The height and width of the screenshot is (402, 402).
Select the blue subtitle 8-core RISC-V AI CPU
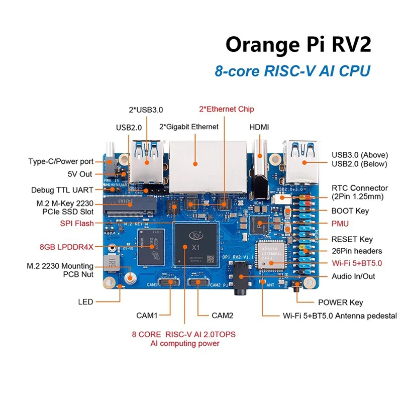point(292,70)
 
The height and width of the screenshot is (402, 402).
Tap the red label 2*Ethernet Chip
point(227,109)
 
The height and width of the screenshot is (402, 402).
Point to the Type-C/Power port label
point(61,161)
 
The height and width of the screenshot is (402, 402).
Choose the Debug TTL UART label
point(62,190)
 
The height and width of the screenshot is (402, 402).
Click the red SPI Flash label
point(77,224)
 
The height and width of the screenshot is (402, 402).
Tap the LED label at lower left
point(85,303)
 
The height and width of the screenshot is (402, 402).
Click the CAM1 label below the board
point(147,316)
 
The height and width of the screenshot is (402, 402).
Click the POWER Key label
point(341,303)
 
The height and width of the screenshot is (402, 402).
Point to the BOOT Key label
point(350,212)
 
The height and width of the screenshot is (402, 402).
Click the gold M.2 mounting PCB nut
point(132,277)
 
